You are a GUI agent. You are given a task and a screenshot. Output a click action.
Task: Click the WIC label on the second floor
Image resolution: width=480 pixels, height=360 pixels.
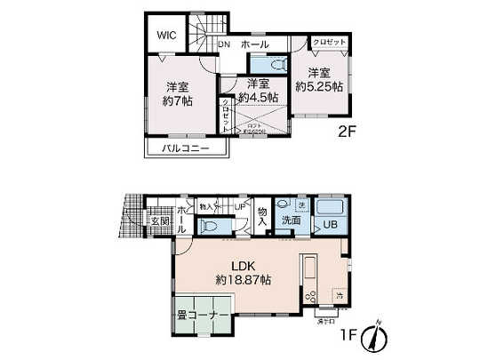167,35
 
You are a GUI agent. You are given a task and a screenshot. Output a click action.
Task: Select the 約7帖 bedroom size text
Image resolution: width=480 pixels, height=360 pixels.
175,100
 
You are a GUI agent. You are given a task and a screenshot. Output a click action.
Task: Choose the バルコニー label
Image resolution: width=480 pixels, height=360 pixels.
186,148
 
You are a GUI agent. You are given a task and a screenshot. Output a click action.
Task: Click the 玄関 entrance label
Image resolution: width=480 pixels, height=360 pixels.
159,220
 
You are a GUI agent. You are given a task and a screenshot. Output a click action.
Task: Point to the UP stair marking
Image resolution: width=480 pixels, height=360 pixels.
241,206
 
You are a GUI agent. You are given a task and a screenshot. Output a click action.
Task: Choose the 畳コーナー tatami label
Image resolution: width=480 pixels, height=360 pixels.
199,313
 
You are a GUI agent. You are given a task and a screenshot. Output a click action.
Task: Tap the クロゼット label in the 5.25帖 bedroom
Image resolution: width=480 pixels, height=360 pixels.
329,42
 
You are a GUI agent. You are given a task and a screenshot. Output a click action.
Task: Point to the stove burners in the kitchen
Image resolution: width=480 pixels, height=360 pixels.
311,296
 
